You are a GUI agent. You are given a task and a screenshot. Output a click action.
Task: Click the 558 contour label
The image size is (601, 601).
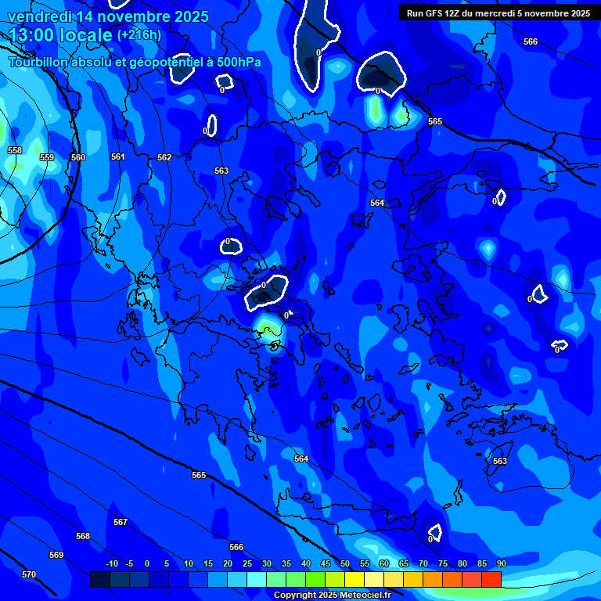coord(15,150)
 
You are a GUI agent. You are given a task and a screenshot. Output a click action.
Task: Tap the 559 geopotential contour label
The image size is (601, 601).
coord(47,157)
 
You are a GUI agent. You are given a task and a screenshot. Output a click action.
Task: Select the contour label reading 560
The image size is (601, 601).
coord(78,157)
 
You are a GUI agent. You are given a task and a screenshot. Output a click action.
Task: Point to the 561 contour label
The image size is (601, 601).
coord(118,157)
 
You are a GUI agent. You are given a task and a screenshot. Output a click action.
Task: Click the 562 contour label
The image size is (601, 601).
coord(164,157)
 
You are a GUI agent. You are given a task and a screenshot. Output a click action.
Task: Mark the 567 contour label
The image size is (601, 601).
coord(120,522)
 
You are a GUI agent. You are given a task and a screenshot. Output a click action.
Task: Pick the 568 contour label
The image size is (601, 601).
coord(83,536)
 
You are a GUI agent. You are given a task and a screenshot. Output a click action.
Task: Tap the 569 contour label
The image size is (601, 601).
coord(56,555)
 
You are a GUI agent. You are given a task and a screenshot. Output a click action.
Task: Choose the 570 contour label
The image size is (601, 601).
coord(29,574)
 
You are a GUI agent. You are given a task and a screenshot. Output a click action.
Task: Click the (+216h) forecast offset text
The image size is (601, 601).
coord(139,35)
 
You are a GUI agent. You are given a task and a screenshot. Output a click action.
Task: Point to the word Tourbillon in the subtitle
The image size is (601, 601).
coord(45,62)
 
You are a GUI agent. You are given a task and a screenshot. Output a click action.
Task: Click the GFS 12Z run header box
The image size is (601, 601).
coord(498,13)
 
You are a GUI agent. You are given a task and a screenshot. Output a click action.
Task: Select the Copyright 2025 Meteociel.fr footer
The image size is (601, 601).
coord(332,595)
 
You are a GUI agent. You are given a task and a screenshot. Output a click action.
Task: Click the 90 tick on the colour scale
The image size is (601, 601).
coord(501,563)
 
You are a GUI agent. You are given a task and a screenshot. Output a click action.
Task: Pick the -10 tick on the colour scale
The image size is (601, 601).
coord(111,563)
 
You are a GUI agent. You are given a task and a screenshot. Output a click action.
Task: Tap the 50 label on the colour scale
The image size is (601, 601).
coord(345,563)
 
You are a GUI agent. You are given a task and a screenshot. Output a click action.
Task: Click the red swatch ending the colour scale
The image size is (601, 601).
coord(491,579)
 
